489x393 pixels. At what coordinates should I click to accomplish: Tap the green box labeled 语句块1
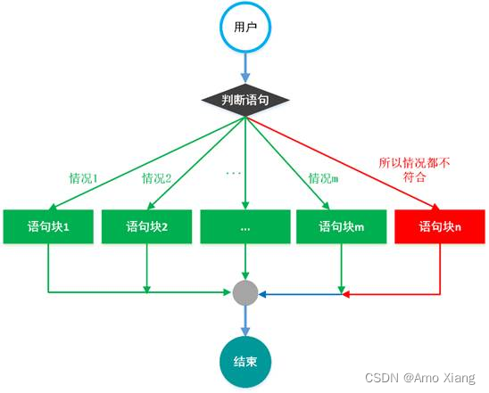[47, 226]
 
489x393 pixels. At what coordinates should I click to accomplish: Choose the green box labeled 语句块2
[146, 226]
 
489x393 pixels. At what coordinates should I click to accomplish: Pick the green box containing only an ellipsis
[244, 226]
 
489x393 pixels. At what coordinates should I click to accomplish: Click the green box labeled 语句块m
[341, 226]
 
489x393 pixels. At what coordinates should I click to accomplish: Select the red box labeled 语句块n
[439, 226]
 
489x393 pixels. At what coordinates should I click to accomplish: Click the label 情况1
[83, 177]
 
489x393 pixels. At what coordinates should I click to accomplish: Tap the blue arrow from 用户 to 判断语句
[244, 64]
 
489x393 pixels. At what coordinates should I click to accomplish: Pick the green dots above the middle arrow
[234, 168]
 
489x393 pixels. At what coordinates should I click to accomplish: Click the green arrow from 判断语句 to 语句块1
[134, 165]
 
